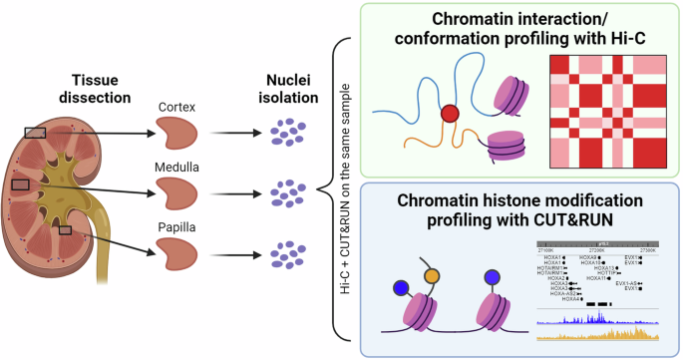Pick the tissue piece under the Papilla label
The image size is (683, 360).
click(x=178, y=253)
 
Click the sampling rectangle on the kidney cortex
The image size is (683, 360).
click(x=35, y=132)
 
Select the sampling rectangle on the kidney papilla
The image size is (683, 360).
click(x=65, y=230)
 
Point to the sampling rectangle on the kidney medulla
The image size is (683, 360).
click(x=21, y=184)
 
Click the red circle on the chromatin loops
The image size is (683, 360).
click(x=450, y=114)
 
